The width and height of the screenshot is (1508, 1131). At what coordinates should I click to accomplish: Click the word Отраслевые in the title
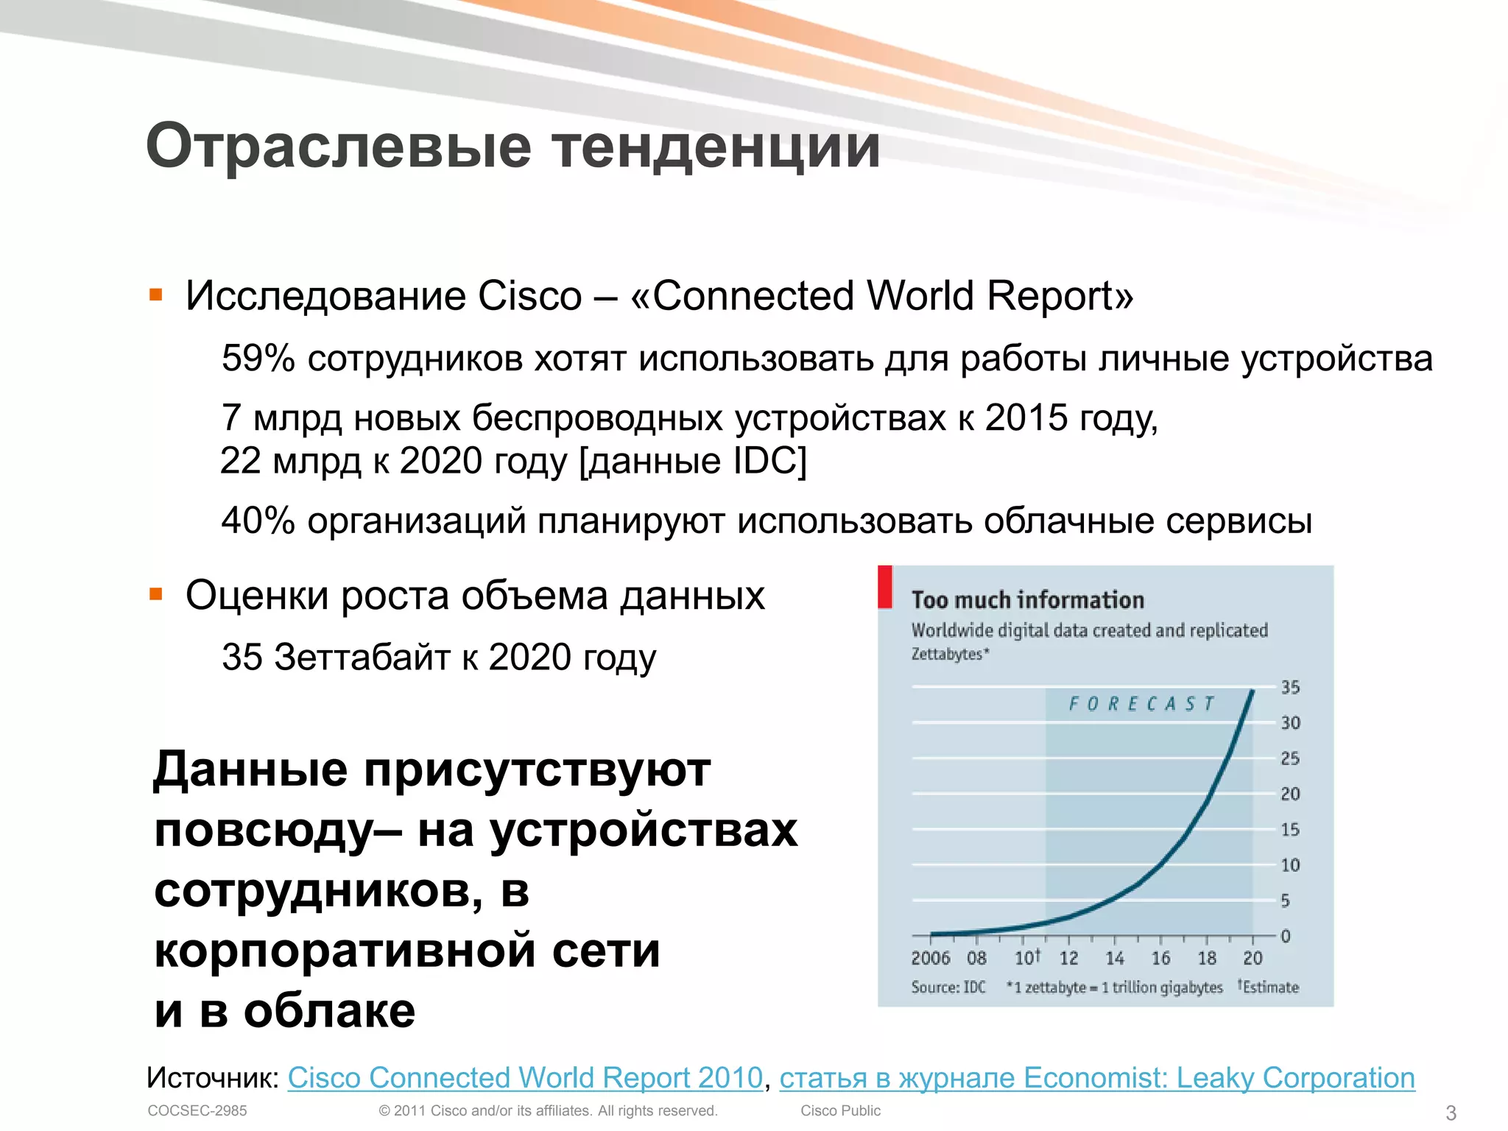tap(339, 146)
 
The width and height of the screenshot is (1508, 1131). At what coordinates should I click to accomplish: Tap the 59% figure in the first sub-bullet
tap(258, 359)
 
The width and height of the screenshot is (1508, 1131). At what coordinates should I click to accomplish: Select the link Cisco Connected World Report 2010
tap(524, 1077)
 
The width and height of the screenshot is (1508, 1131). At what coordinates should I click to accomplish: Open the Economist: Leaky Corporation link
tap(1097, 1077)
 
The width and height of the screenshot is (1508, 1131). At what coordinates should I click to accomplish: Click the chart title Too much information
tap(1027, 599)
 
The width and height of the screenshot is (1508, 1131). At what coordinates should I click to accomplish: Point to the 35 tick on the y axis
tap(1290, 687)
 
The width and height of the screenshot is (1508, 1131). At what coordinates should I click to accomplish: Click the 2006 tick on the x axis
tap(931, 958)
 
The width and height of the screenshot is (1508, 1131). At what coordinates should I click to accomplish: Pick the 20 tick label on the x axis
tap(1252, 958)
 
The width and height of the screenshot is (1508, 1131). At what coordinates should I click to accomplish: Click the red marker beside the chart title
tap(885, 587)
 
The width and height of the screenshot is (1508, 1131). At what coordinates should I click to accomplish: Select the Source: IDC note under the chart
tap(948, 987)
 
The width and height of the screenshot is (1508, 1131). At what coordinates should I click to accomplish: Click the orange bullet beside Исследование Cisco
tap(155, 296)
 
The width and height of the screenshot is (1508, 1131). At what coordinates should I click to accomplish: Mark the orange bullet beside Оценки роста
tap(155, 594)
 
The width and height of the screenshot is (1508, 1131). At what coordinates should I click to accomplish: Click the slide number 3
tap(1451, 1112)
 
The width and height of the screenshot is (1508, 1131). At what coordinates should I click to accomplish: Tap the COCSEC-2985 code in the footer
tap(197, 1110)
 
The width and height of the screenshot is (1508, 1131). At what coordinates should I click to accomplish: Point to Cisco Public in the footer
tap(840, 1110)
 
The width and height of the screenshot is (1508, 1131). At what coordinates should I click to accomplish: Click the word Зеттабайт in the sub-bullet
tap(362, 657)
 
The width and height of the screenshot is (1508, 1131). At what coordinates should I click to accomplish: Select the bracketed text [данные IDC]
tap(693, 461)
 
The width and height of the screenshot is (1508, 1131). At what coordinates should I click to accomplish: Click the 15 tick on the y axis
tap(1290, 830)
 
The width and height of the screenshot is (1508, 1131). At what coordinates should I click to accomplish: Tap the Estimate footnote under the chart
tap(1269, 987)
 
